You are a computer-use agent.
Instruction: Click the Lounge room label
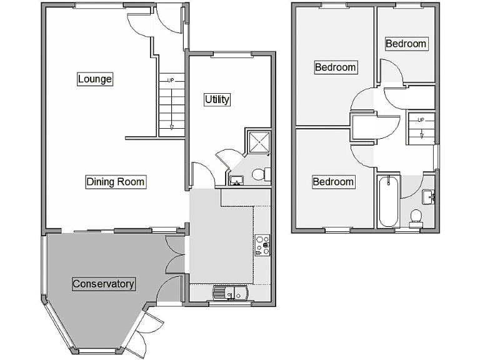coord(95,79)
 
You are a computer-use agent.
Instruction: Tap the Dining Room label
coord(116,182)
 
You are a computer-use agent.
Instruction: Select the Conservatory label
coord(103,284)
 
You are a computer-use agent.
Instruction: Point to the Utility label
coord(217,99)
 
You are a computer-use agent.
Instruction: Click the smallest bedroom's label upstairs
coord(406,44)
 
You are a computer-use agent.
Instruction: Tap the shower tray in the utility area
coord(258,142)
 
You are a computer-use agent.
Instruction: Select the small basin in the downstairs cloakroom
coord(236,181)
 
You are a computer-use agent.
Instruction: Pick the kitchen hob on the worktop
coord(262,244)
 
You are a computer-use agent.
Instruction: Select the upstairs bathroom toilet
coord(416,216)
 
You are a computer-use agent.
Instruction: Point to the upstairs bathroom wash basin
coord(429,197)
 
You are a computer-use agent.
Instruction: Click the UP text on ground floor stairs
coord(170,80)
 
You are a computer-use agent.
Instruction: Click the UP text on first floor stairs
coord(421,119)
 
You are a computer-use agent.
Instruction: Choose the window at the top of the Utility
coord(231,54)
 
